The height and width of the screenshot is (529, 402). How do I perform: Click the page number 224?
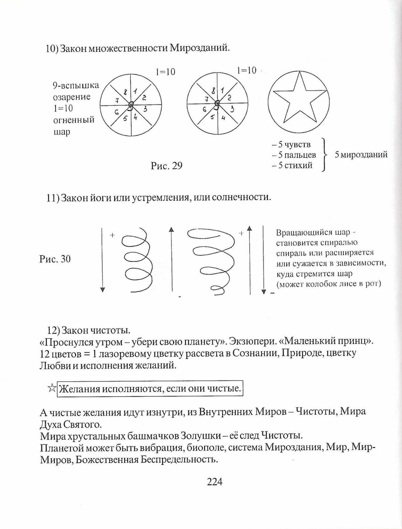pos(215,489)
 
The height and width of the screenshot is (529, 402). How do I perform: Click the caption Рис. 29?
pos(167,166)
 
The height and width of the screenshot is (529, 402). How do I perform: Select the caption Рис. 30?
pos(55,259)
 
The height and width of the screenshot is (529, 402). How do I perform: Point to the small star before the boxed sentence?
pos(52,388)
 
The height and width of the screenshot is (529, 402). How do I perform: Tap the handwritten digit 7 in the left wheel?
pos(117,101)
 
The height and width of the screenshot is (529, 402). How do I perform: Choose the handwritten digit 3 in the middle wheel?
pos(232,109)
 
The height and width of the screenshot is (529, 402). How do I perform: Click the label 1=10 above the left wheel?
pos(165,72)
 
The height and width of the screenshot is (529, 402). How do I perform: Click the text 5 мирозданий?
pos(361,155)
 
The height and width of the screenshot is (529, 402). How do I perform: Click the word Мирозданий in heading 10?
pos(199,48)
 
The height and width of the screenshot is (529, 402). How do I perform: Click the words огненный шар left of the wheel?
pos(74,126)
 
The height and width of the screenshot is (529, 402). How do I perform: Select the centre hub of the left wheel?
pos(131,104)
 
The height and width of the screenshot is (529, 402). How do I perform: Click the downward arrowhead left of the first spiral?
pos(102,290)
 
